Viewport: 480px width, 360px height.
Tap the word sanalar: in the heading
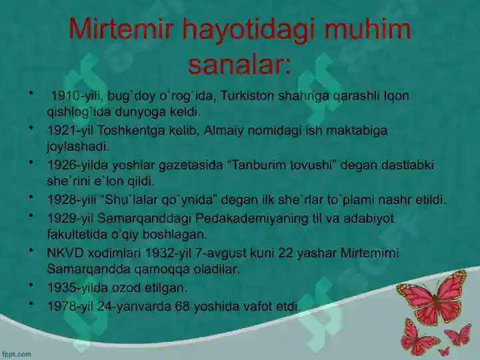click(239, 65)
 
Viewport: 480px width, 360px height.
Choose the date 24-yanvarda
click(138, 307)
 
